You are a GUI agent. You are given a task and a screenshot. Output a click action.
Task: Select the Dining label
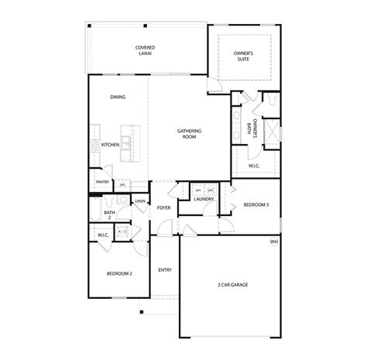118,97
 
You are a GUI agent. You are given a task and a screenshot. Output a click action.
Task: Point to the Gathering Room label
189,134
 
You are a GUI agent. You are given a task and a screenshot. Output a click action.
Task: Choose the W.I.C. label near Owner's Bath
254,165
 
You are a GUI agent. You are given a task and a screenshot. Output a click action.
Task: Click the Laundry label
204,200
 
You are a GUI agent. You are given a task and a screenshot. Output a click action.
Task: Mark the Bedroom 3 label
256,205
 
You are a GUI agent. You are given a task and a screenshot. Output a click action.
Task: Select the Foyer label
164,208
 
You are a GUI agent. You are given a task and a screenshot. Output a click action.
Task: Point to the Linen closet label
140,201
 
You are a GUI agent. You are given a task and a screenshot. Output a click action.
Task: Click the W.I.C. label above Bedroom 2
103,235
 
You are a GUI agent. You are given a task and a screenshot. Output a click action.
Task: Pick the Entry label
165,270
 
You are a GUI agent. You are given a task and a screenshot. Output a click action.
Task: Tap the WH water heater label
273,242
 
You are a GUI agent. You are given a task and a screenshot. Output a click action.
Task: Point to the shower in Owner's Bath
272,132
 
